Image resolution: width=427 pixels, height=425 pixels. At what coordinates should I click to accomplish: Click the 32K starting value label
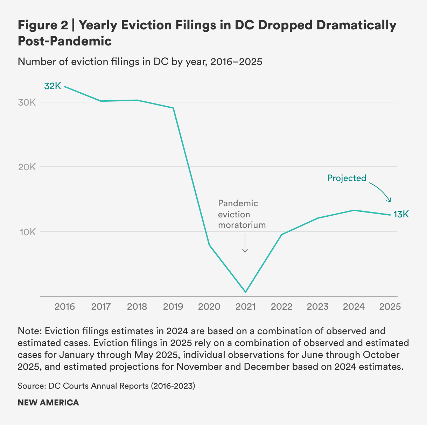click(x=52, y=86)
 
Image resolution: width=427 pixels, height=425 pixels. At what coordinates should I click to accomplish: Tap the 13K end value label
click(x=401, y=214)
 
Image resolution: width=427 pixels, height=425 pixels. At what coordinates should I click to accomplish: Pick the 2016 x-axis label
click(x=65, y=307)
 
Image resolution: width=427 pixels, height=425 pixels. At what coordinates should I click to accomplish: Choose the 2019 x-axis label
click(x=173, y=307)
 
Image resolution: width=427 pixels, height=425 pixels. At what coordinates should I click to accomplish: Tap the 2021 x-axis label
click(x=245, y=307)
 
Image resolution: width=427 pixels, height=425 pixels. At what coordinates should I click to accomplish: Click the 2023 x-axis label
click(x=317, y=307)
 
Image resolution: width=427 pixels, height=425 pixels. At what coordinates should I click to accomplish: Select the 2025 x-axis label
click(x=390, y=307)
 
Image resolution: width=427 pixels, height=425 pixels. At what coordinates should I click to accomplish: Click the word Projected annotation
click(x=346, y=178)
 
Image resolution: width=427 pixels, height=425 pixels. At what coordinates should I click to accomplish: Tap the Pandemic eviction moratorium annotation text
click(x=241, y=214)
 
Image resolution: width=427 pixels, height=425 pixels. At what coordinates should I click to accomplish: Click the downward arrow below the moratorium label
click(x=245, y=243)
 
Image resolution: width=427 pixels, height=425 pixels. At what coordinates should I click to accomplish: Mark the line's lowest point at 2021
click(x=245, y=292)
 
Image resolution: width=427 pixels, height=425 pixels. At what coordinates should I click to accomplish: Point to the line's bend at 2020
click(x=209, y=245)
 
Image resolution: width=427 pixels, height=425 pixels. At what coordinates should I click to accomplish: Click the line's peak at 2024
click(x=354, y=210)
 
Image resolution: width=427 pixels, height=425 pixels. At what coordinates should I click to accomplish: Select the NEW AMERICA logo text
click(x=48, y=403)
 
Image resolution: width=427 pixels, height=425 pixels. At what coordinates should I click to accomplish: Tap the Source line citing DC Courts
click(x=106, y=386)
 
